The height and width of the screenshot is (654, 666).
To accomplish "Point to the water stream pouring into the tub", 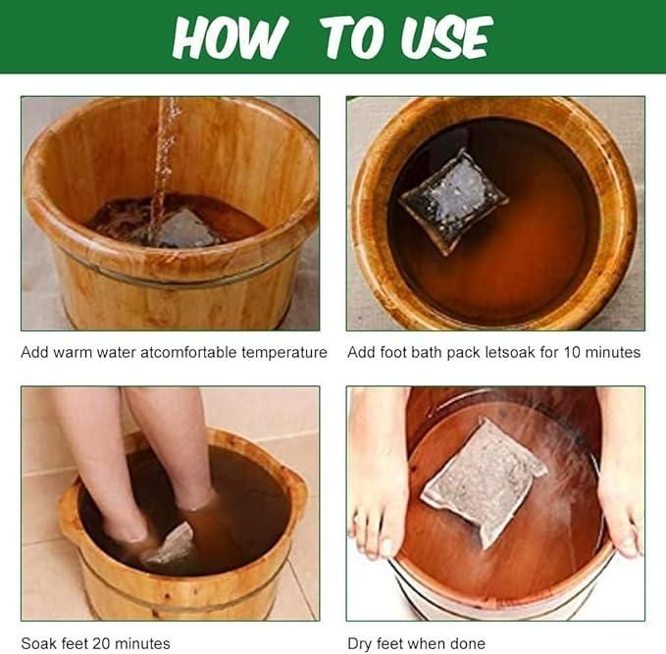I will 164,157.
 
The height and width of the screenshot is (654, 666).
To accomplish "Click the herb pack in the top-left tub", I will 186,229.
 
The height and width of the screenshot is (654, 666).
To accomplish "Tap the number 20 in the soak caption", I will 94,644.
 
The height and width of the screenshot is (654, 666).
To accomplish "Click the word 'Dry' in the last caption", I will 360,644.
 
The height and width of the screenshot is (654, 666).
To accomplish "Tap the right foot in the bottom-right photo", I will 620,471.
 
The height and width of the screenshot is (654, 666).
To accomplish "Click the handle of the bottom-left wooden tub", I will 72,510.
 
